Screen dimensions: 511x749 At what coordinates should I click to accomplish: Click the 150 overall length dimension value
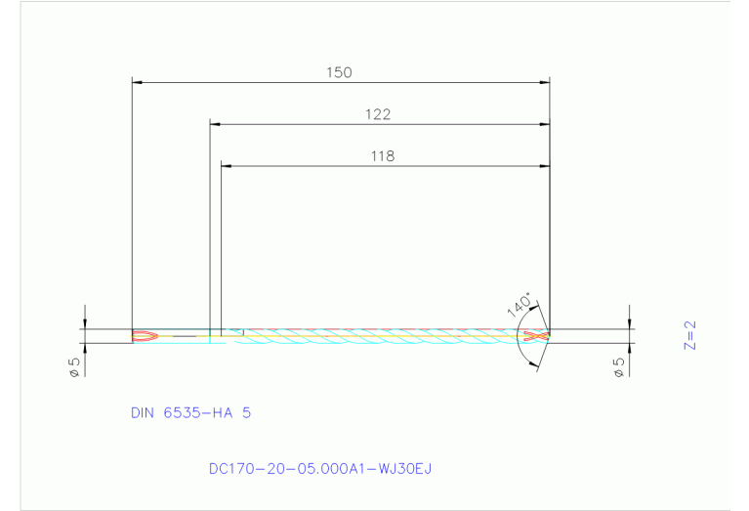point(339,72)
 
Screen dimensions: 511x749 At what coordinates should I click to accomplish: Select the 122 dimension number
point(378,114)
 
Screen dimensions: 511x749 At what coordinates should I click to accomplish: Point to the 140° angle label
point(520,304)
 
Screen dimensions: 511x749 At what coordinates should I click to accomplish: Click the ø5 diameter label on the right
point(617,367)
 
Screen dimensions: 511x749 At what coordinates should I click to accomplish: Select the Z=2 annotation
point(691,335)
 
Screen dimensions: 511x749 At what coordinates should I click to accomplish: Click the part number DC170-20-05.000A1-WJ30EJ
point(320,469)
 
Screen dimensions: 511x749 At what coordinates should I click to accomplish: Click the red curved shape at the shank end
point(144,335)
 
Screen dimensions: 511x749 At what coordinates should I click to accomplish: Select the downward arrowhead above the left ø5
point(86,323)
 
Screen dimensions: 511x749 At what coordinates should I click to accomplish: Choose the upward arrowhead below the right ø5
point(629,349)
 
